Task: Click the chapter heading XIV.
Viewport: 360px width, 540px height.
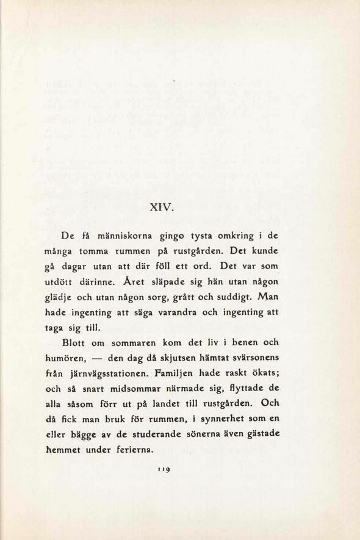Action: pos(162,206)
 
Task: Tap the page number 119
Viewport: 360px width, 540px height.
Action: pos(162,471)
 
